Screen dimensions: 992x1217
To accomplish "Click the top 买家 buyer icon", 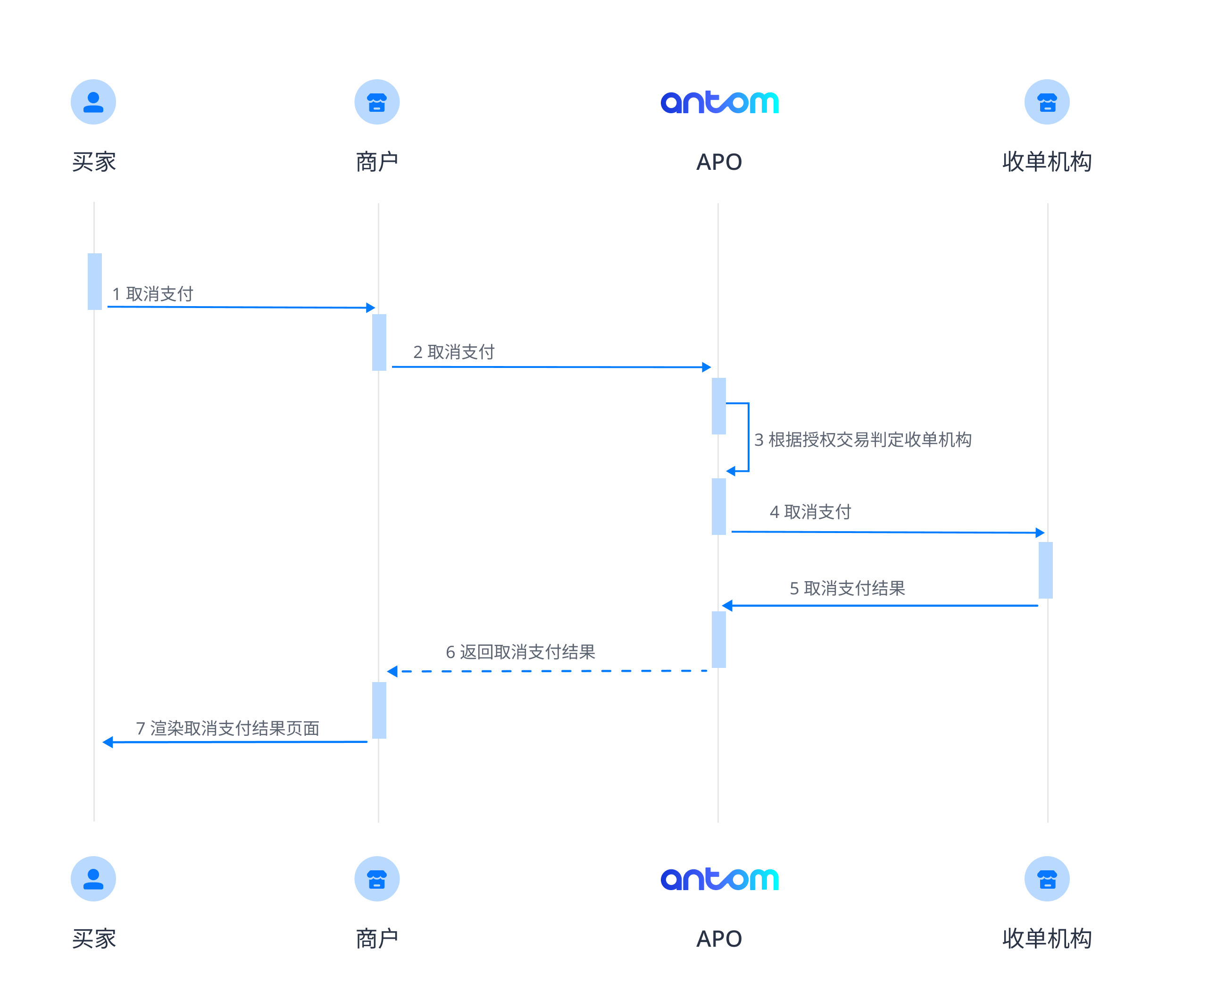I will click(93, 102).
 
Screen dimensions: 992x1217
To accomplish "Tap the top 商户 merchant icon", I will click(376, 102).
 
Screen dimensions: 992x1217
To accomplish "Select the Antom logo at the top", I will click(719, 102).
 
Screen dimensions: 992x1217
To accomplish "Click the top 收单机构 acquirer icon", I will click(1046, 102).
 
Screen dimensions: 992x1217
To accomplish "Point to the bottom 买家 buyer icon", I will click(93, 878).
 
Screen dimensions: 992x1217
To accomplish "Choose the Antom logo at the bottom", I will click(719, 879).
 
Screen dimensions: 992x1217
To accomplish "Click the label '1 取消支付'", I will click(152, 294).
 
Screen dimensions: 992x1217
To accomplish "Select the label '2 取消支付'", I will click(454, 351).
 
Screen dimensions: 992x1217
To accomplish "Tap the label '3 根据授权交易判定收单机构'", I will click(862, 440).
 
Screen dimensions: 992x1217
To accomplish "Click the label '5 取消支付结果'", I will click(847, 588).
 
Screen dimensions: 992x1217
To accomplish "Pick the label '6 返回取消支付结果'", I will click(520, 651).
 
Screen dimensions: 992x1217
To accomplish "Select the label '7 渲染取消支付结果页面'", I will click(227, 728).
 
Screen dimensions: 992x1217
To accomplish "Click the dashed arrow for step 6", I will click(549, 671).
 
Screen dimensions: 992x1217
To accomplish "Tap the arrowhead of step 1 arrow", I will click(370, 308).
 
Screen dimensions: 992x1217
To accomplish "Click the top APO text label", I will click(719, 162).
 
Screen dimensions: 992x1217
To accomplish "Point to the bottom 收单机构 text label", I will click(1047, 939).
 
